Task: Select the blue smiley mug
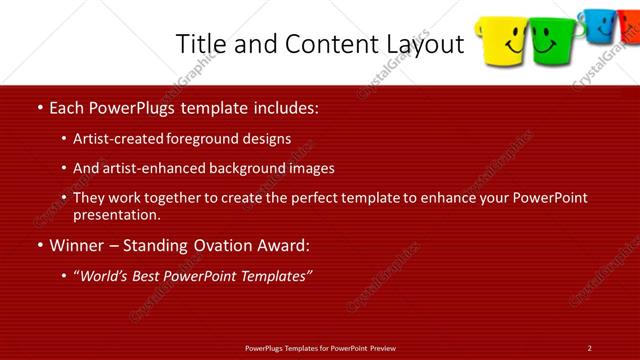599,24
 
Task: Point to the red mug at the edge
631,26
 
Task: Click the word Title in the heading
200,44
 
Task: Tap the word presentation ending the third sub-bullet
116,215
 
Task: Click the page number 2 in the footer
590,347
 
